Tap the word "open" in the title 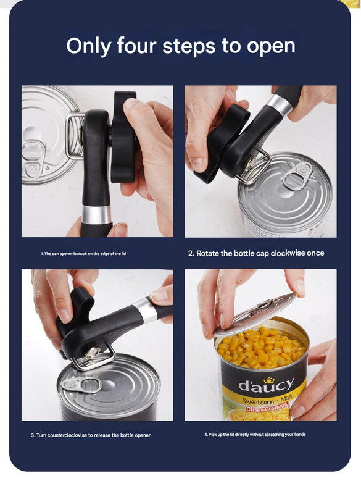(x=269, y=47)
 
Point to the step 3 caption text (x=91, y=435)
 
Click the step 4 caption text (x=255, y=435)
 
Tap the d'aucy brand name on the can (x=266, y=385)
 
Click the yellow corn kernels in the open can (x=259, y=350)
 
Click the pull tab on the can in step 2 (x=295, y=175)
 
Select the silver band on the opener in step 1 (x=97, y=214)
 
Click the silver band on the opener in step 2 (x=279, y=106)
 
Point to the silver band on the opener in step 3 (x=147, y=309)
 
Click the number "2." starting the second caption (x=191, y=253)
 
